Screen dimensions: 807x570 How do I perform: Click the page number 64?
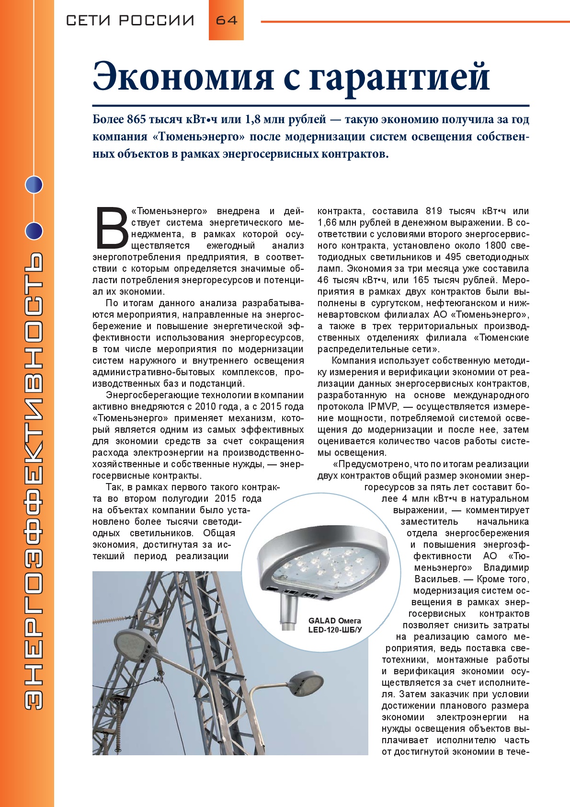tap(226, 20)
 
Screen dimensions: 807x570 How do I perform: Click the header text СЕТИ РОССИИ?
tap(130, 21)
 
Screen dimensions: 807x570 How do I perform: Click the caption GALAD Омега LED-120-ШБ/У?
tap(334, 625)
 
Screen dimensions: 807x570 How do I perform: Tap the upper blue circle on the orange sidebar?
tap(34, 184)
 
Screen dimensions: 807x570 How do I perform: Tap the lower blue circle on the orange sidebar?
tap(34, 231)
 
